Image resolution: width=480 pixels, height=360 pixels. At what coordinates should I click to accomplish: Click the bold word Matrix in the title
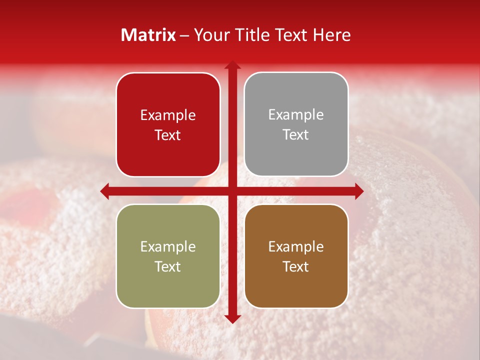click(x=148, y=35)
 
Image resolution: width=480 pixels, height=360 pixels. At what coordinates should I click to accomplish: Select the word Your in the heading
click(x=211, y=35)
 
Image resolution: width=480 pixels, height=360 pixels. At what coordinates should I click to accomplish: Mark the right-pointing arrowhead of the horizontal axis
click(x=359, y=191)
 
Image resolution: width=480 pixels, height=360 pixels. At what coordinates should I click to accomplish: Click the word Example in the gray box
click(x=296, y=115)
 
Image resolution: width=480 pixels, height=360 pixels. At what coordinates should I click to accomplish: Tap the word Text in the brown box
click(x=296, y=266)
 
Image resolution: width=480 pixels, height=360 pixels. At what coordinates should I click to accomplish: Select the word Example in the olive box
click(x=168, y=246)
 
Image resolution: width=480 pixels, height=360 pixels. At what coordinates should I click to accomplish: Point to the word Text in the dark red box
click(x=168, y=135)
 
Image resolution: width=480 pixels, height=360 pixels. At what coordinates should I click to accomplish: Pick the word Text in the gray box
click(x=296, y=135)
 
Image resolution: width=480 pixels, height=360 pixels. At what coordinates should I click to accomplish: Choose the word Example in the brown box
click(x=296, y=246)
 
